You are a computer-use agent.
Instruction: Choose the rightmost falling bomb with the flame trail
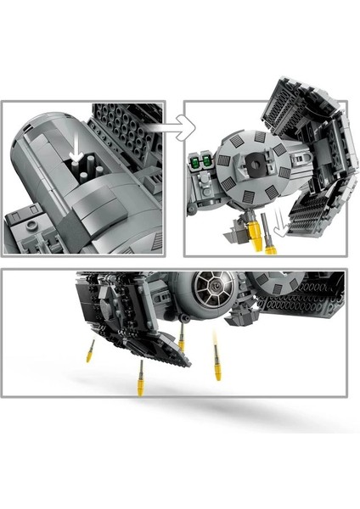pos(218,363)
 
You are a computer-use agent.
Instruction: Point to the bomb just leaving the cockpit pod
pos(181,340)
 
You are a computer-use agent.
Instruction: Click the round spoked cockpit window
pos(208,292)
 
